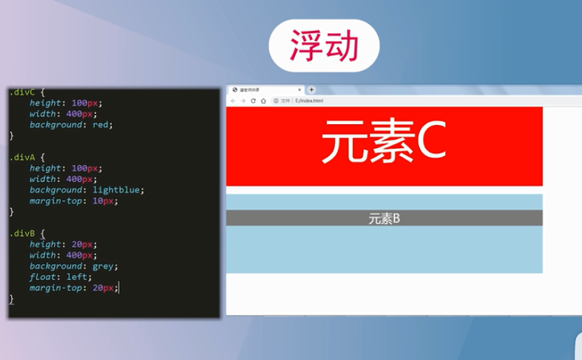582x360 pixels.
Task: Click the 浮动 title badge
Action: pos(324,46)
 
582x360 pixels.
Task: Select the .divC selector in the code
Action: pos(22,92)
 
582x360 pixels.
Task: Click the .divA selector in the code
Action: pos(22,157)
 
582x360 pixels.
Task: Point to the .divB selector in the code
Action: pos(22,233)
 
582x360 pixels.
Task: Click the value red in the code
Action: pos(101,125)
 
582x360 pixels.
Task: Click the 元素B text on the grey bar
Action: pos(385,219)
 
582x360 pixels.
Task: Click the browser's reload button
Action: pos(254,101)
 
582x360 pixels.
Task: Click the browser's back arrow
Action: pos(234,101)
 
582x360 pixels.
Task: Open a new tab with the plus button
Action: pos(311,89)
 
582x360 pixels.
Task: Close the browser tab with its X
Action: pos(300,89)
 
